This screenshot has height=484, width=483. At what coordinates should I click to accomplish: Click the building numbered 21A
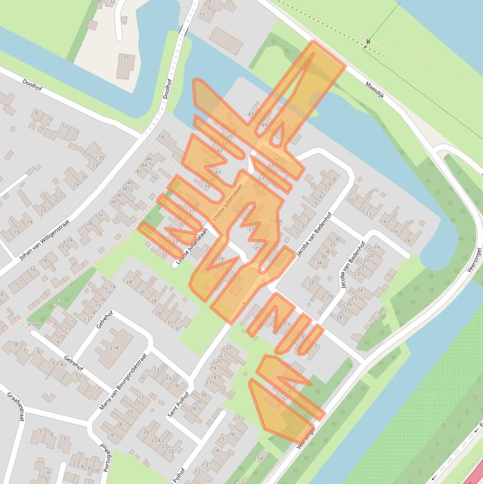[x=114, y=347]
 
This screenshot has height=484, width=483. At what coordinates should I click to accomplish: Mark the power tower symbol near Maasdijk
[x=368, y=42]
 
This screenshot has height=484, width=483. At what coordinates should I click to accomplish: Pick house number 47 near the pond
[x=251, y=114]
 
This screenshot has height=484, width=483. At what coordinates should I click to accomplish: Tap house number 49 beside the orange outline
[x=264, y=125]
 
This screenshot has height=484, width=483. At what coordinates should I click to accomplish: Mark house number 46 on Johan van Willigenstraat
[x=149, y=159]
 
